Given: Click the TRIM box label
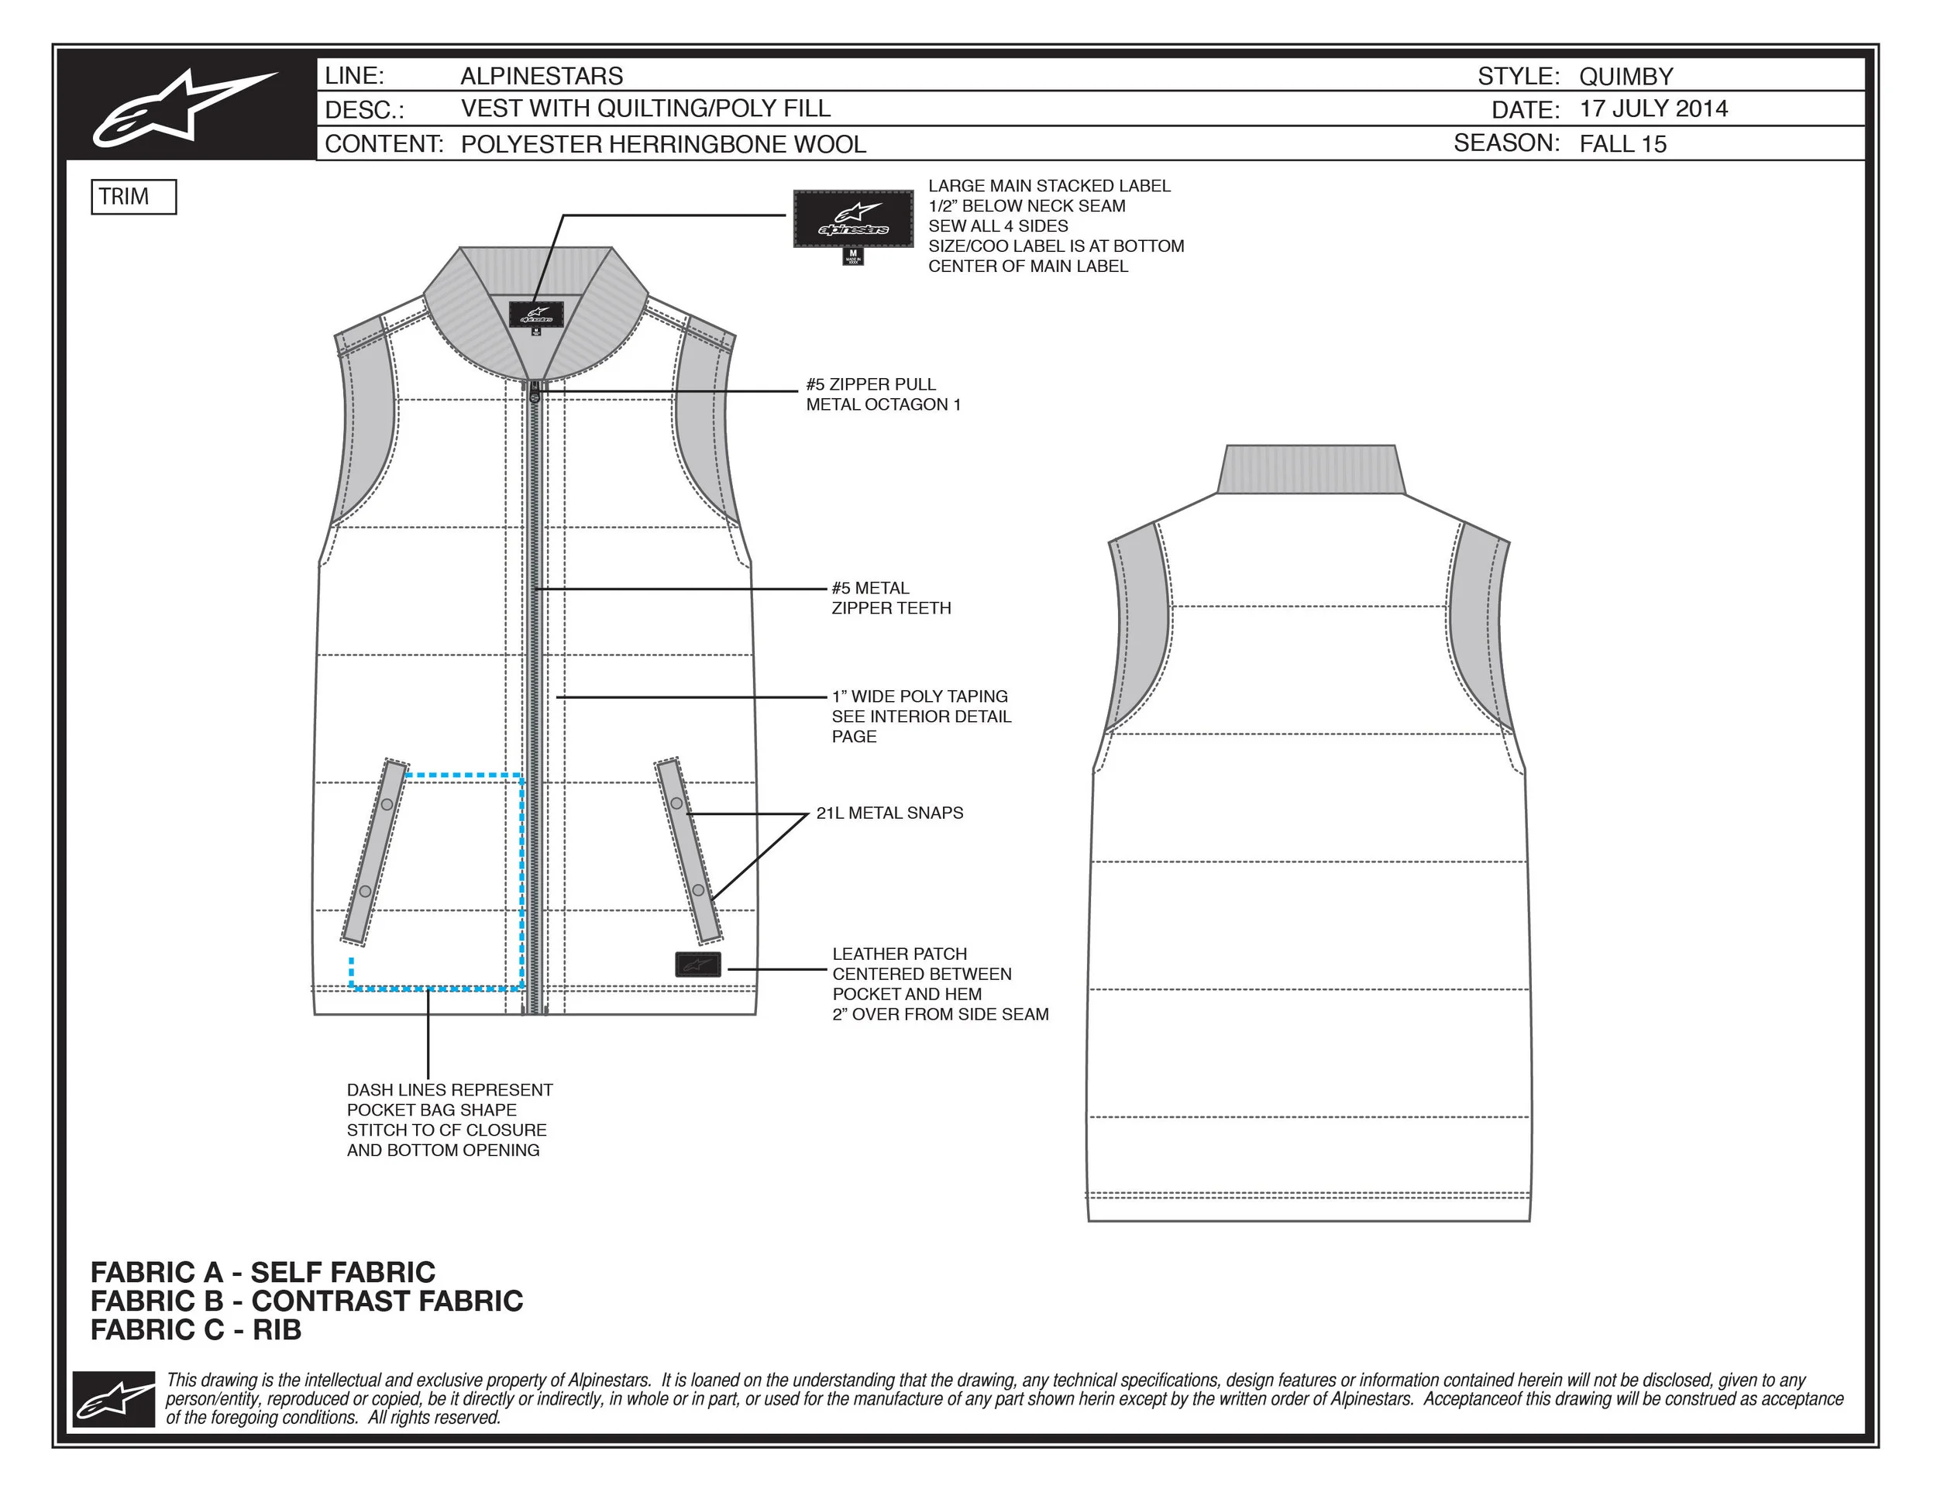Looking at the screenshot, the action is tap(133, 197).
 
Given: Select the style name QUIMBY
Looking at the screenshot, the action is tap(1626, 76).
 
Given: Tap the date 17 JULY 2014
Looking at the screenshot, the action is tap(1653, 109).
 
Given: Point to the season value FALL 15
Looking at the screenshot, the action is tap(1622, 143).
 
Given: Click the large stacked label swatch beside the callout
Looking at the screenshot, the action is tap(852, 220).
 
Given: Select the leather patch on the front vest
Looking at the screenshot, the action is tap(698, 964).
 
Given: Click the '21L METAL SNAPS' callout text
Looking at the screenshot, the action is tap(889, 813).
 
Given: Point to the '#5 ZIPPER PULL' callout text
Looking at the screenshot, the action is tap(870, 385).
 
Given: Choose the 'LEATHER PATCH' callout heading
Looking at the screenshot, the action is tap(900, 954).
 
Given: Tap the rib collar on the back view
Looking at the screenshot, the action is tap(1310, 469).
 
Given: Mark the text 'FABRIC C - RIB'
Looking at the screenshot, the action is tap(196, 1330).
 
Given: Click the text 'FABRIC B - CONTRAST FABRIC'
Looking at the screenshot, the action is tap(307, 1301).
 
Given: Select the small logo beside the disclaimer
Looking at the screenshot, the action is tap(114, 1398).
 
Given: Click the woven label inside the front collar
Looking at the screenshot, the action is tap(535, 315).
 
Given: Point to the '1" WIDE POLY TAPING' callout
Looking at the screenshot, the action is tap(920, 697).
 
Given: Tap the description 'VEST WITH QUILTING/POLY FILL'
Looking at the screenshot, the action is tap(645, 109).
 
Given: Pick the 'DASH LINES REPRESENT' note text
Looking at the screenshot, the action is tap(449, 1090).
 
